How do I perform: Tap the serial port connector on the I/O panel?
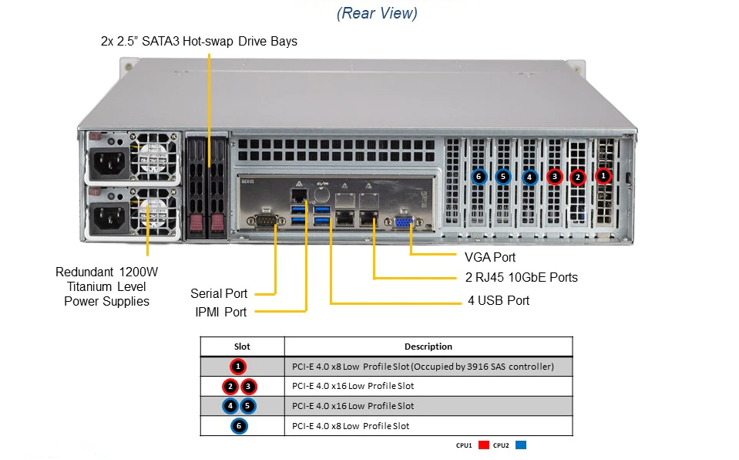266,220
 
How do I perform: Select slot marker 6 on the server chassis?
479,177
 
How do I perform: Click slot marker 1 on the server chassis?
603,176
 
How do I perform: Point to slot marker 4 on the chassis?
529,178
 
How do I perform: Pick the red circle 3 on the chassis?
555,177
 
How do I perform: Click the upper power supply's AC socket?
109,164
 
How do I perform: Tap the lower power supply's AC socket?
109,217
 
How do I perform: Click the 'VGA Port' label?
489,257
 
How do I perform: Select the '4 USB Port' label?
499,300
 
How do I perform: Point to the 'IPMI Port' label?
220,312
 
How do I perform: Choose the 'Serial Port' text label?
219,294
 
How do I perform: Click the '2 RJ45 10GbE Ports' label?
521,277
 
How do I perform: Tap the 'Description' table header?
428,347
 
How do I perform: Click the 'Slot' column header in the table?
242,347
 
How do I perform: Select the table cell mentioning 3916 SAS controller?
423,367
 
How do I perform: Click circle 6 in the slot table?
239,426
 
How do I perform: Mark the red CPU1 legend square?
484,445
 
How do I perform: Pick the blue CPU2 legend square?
521,445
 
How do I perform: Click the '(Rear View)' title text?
377,13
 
